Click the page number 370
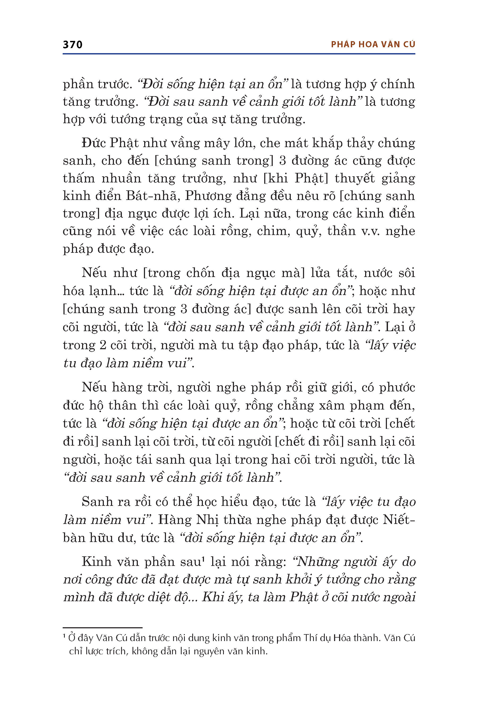pos(72,45)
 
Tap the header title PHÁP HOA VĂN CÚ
pos(373,45)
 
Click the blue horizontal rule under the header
pos(239,54)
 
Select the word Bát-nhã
pos(151,196)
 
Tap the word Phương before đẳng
pos(208,196)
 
